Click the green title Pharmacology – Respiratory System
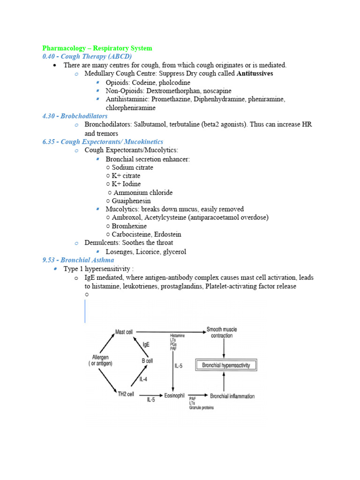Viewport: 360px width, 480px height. pos(97,48)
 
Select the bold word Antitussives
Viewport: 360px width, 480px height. pos(255,74)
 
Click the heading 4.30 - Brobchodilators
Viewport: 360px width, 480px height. pos(75,116)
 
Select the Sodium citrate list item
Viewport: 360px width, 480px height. pos(132,167)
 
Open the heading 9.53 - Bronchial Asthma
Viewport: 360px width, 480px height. pos(78,260)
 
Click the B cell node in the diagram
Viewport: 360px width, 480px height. pos(147,361)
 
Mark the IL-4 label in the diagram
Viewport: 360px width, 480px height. pos(144,378)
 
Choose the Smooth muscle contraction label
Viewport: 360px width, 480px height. pos(221,333)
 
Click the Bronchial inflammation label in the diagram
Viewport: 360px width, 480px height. pos(232,396)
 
